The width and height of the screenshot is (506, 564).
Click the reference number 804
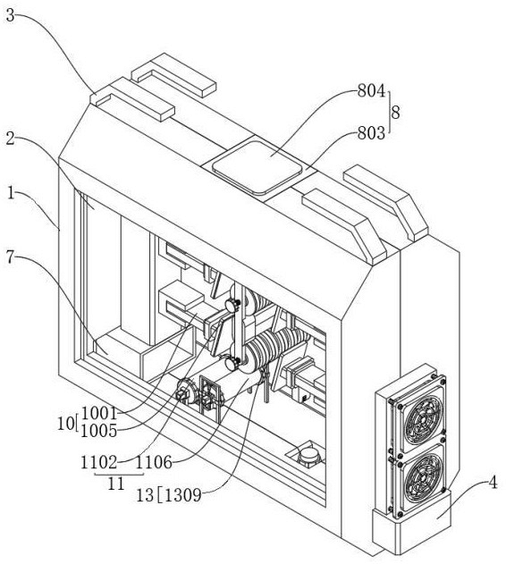coord(371,91)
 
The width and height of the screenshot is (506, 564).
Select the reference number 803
coord(371,133)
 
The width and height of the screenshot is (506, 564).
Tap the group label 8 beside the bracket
coord(395,113)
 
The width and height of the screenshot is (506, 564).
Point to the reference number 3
coord(11,16)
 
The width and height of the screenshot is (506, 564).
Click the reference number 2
coord(11,139)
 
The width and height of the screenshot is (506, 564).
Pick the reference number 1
coord(11,193)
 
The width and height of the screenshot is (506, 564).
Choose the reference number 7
coord(10,257)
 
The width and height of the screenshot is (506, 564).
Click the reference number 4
coord(493,483)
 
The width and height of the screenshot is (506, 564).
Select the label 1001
coord(99,414)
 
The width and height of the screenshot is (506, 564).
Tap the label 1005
coord(99,431)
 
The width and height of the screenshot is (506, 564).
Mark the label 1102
coord(99,463)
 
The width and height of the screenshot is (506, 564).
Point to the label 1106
coord(154,463)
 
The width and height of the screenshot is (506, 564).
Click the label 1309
coord(183,496)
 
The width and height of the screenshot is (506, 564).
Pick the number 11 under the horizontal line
coord(116,484)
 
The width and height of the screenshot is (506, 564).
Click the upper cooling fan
coord(422,419)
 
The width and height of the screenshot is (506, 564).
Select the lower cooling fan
coord(423,479)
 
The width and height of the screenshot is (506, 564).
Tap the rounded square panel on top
coord(257,167)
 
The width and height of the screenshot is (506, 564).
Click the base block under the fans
coord(411,526)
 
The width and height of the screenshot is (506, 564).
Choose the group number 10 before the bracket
coord(65,424)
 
